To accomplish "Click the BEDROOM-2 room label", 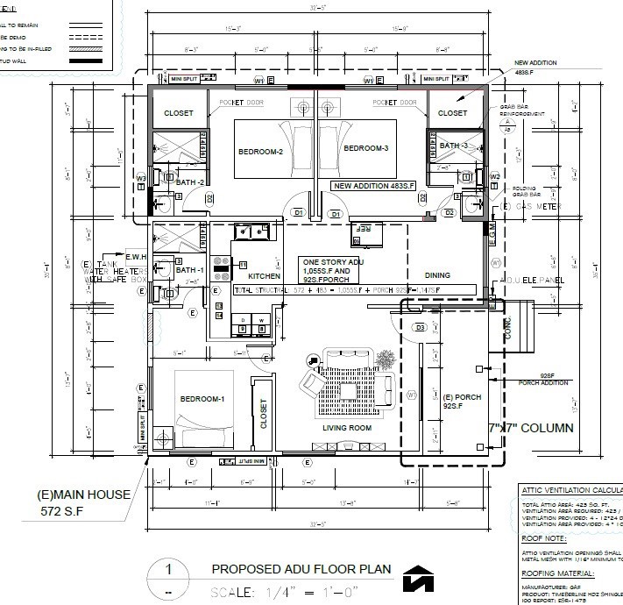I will point(260,152).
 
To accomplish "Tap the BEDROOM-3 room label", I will point(365,149).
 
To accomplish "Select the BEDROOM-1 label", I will point(202,400).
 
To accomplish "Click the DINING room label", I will point(437,275).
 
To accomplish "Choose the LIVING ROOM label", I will point(347,429).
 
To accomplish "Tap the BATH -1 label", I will point(188,271).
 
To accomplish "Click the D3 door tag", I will point(420,327).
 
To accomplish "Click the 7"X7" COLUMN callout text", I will point(530,429).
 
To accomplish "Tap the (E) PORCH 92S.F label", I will point(462,402).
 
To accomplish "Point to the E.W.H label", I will point(135,257).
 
